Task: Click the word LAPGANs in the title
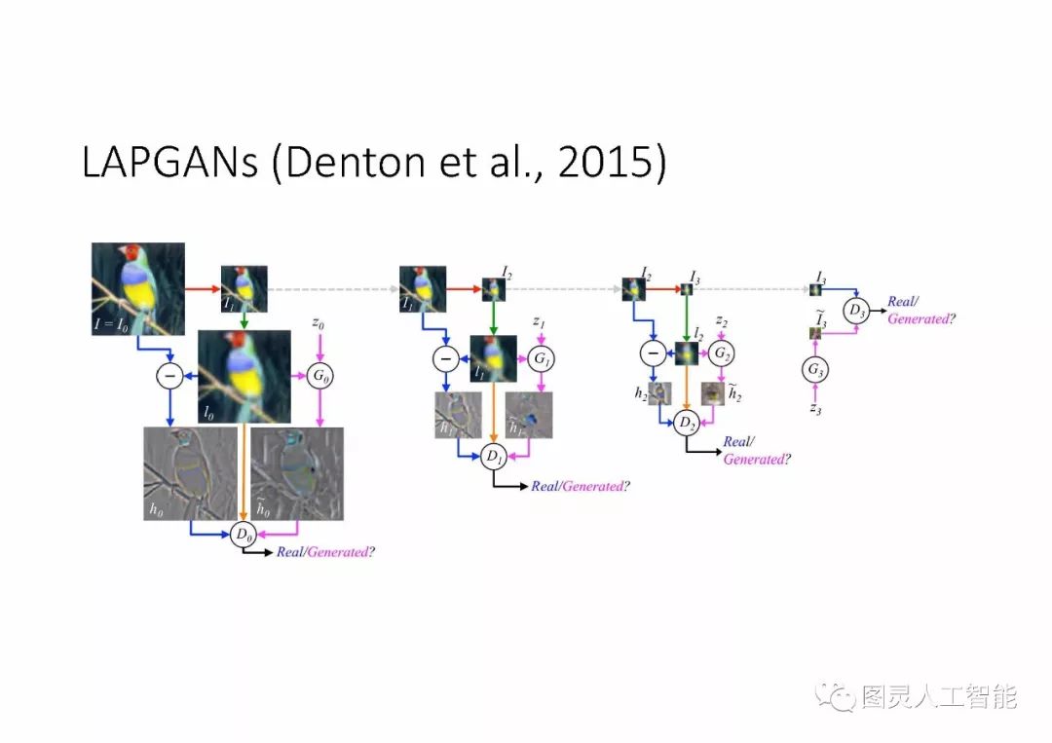click(x=169, y=164)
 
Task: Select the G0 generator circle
click(x=320, y=375)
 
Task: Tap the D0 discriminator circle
click(x=244, y=534)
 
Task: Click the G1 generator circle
click(x=541, y=359)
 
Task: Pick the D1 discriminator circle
click(x=493, y=455)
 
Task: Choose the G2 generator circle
click(x=721, y=353)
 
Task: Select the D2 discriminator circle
click(x=688, y=422)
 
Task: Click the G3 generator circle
click(x=815, y=369)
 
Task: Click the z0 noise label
click(x=319, y=322)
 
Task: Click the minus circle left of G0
click(x=169, y=375)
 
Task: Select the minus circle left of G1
click(x=445, y=359)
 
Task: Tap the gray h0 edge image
click(x=190, y=472)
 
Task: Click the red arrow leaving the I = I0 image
click(x=203, y=288)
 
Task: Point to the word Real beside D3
click(x=900, y=303)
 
